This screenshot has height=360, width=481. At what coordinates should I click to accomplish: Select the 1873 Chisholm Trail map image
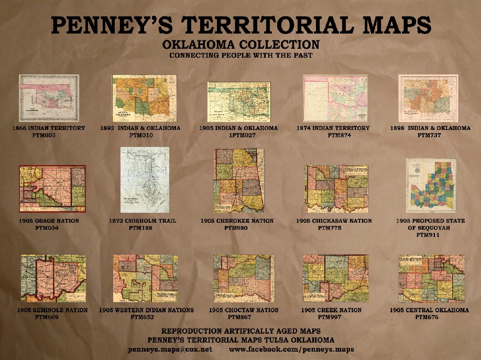[x=145, y=180]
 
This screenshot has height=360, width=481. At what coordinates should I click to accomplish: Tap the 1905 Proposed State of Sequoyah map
[x=431, y=185]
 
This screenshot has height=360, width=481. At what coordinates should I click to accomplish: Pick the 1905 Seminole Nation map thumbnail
[x=53, y=278]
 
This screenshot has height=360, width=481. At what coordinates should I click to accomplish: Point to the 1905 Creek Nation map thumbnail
[x=335, y=278]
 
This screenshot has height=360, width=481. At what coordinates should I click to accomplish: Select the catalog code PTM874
[x=332, y=135]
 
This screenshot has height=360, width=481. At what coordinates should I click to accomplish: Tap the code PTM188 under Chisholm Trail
[x=143, y=228]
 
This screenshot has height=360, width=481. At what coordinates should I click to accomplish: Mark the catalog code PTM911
[x=430, y=235]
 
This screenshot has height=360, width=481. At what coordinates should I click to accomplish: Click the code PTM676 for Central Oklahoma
[x=430, y=317]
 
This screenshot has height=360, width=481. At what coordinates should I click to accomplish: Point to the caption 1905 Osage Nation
[x=49, y=221]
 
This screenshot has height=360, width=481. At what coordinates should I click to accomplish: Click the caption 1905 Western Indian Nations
[x=146, y=310]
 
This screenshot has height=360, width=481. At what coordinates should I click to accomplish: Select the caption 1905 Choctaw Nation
[x=244, y=310]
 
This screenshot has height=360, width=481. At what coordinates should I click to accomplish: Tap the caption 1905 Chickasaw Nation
[x=334, y=221]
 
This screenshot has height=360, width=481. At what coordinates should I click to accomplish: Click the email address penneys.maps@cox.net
[x=170, y=349]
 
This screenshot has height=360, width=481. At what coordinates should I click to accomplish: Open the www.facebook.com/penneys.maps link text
[x=291, y=349]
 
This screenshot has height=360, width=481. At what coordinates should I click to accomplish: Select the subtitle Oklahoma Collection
[x=241, y=45]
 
